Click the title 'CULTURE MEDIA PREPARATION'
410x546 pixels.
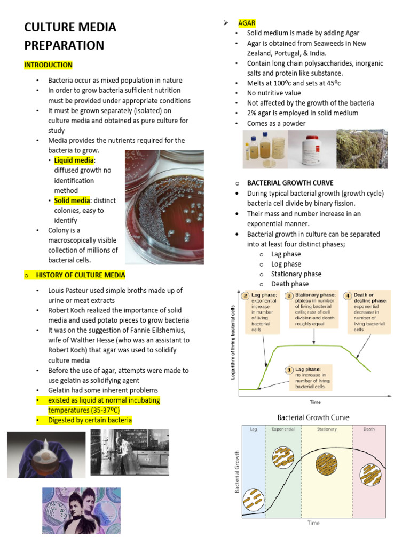pyautogui.click(x=70, y=36)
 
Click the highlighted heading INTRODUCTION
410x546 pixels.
pyautogui.click(x=48, y=65)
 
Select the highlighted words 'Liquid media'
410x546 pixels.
pyautogui.click(x=74, y=160)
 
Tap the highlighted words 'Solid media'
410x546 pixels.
pyautogui.click(x=72, y=200)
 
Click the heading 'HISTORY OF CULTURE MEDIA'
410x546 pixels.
pyautogui.click(x=81, y=275)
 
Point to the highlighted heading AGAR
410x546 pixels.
pyautogui.click(x=247, y=23)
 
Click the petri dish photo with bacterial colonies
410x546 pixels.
pyautogui.click(x=164, y=207)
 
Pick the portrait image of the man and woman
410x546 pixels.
pyautogui.click(x=81, y=510)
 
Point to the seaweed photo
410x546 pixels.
pyautogui.click(x=362, y=149)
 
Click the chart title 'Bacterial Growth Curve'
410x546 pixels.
pyautogui.click(x=313, y=417)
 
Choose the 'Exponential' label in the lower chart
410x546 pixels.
pyautogui.click(x=283, y=429)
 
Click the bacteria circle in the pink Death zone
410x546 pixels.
pyautogui.click(x=369, y=473)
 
